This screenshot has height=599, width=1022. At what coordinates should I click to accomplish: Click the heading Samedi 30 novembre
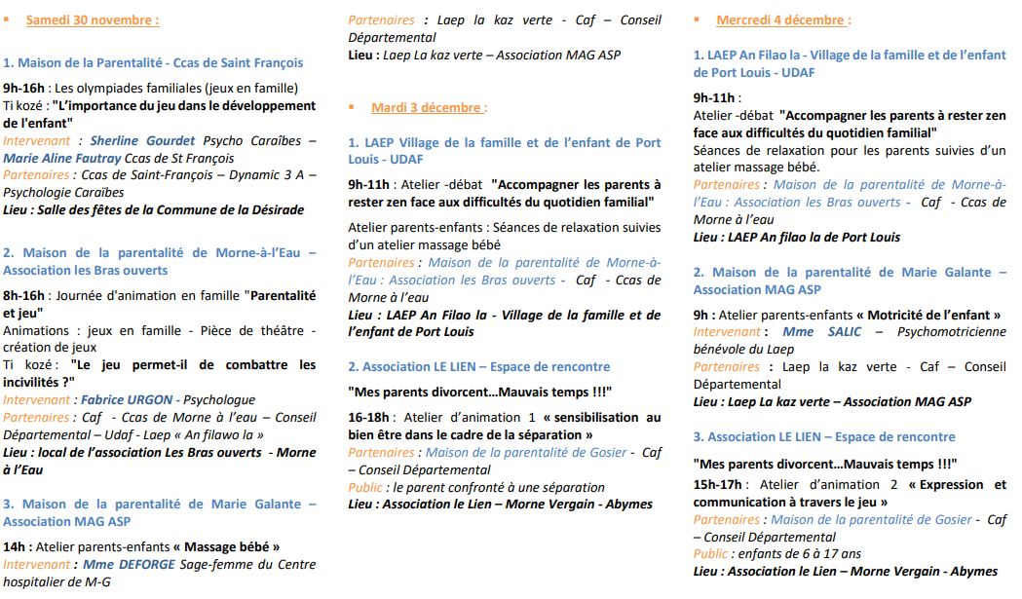92,19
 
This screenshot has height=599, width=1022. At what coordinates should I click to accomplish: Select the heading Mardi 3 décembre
428,107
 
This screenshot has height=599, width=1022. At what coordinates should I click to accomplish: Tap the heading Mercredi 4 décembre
782,19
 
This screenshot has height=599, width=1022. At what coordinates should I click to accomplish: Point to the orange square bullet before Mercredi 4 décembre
698,19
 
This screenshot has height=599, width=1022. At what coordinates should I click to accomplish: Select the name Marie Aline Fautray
59,158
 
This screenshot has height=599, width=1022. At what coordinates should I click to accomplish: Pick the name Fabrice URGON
128,400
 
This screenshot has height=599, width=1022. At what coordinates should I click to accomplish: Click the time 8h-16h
24,295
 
